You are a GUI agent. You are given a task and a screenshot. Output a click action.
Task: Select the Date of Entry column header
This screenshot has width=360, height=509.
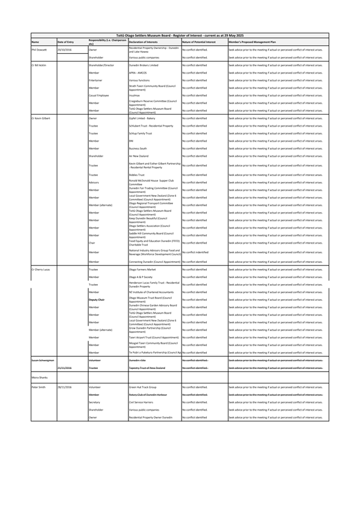tap(65, 42)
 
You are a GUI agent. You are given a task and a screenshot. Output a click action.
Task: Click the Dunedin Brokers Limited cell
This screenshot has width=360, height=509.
tap(143, 65)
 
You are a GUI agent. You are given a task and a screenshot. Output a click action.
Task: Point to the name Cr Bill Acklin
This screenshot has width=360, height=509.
tap(40, 65)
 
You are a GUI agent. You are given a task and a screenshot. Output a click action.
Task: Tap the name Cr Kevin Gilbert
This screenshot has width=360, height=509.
tap(42, 118)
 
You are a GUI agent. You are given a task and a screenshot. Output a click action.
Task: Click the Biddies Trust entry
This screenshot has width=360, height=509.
tap(137, 175)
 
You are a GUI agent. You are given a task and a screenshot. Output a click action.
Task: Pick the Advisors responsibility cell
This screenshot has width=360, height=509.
tap(95, 182)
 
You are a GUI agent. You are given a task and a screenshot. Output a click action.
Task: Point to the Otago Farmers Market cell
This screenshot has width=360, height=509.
tap(145, 269)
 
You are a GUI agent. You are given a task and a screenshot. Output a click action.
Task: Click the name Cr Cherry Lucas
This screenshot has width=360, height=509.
tap(41, 269)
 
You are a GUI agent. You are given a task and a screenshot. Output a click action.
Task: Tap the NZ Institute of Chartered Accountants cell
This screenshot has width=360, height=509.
tap(153, 292)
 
